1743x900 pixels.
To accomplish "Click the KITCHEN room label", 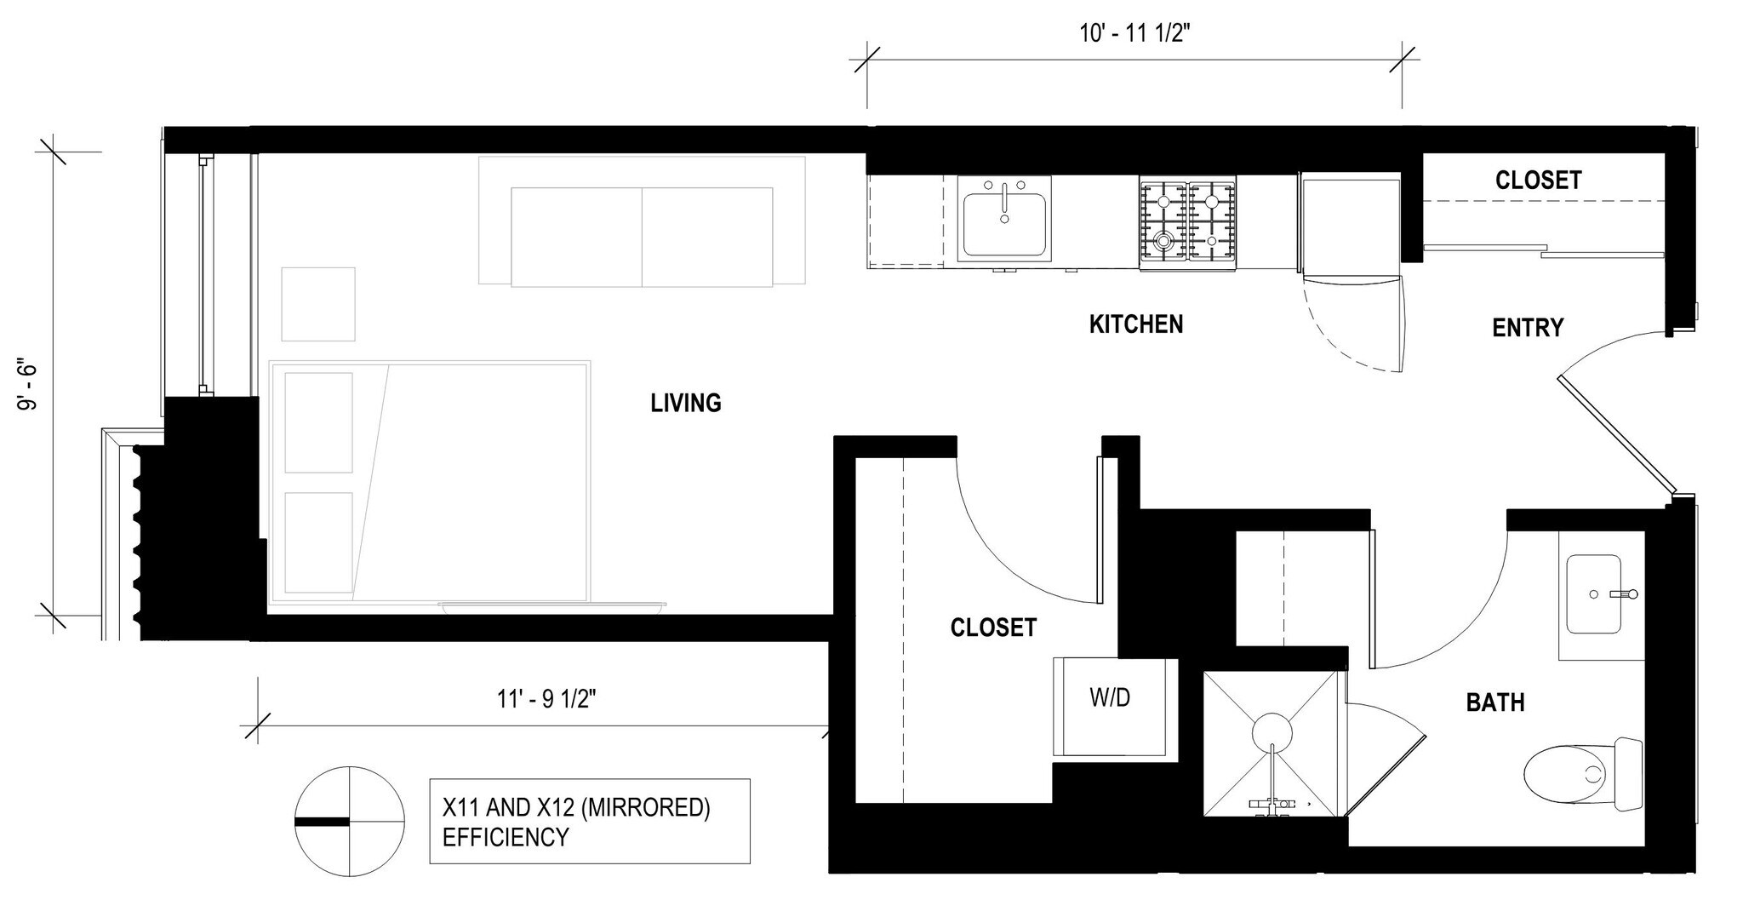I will click(x=1135, y=324).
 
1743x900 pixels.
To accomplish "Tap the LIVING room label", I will click(x=685, y=403).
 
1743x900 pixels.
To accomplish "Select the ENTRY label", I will click(x=1527, y=328).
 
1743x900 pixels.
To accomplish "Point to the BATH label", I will click(x=1494, y=702).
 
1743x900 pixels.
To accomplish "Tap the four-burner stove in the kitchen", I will click(x=1187, y=224).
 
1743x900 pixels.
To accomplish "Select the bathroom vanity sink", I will click(x=1594, y=594).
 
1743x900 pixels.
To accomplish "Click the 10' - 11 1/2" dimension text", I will click(x=1134, y=33).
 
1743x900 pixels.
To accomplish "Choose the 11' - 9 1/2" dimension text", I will click(x=546, y=699).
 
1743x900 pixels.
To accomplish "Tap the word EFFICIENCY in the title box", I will click(x=505, y=837).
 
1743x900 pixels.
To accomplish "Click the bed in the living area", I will click(x=429, y=482).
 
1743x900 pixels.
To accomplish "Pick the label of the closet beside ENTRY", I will click(x=1538, y=181).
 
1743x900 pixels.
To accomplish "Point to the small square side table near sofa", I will click(x=318, y=304).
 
